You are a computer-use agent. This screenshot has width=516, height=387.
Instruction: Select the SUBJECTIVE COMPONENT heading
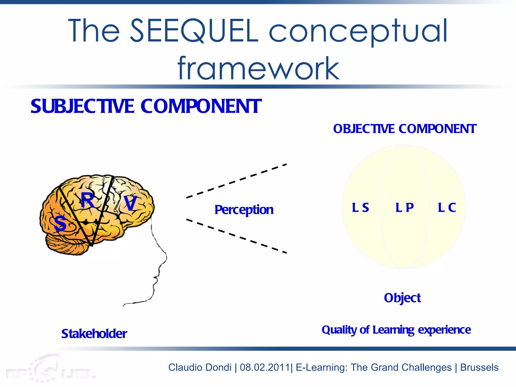pos(146,106)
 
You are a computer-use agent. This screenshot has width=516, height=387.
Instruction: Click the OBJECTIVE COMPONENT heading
pos(405,129)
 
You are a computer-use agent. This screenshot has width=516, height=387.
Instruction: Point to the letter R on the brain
pos(87,200)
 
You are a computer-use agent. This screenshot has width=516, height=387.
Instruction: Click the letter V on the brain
pos(130,203)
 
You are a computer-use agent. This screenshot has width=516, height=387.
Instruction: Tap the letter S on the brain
pos(60,223)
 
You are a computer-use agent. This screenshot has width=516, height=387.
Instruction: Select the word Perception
pos(244,210)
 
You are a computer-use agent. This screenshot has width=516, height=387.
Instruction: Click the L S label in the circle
pos(360,208)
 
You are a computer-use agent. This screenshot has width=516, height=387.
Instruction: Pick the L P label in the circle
pos(404,208)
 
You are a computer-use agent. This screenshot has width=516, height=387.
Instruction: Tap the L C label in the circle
pos(447,208)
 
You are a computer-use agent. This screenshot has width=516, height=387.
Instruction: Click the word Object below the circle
pos(402,298)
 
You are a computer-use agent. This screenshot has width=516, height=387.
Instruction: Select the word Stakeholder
pos(94,334)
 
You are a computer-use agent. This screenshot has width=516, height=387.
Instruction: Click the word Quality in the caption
pos(339,330)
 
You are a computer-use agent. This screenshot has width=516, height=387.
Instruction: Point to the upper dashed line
pos(236,181)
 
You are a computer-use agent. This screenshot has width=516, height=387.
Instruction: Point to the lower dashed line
pos(236,236)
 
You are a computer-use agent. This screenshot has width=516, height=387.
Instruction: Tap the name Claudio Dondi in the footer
pos(200,367)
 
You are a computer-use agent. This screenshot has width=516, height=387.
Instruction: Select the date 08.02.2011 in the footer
pos(265,367)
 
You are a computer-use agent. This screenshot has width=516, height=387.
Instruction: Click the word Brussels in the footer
pos(479,367)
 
